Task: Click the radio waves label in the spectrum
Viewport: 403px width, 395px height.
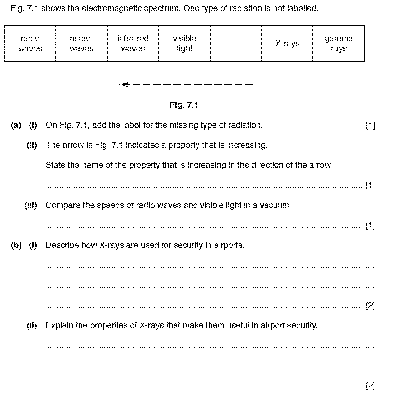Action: click(x=30, y=44)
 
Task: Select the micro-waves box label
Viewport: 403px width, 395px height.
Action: click(x=81, y=44)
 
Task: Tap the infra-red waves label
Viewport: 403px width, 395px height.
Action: click(x=133, y=44)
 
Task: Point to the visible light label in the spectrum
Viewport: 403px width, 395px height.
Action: click(x=184, y=44)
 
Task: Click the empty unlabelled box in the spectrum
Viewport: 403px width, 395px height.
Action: click(x=236, y=44)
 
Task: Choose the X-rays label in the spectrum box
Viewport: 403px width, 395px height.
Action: click(x=287, y=44)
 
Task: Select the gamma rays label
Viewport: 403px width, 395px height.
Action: click(x=339, y=44)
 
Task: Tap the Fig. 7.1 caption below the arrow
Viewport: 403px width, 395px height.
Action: click(x=184, y=105)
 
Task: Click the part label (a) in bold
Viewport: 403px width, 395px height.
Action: click(x=16, y=125)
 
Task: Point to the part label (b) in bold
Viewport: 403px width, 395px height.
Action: click(x=16, y=245)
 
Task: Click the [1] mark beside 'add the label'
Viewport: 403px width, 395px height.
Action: click(x=370, y=125)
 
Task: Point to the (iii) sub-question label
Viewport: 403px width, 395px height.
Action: click(x=31, y=205)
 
